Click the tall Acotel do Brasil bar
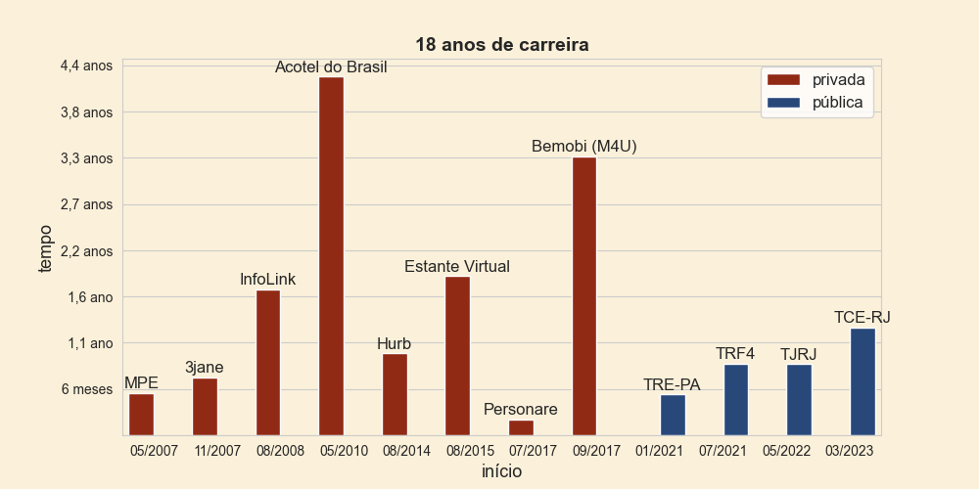click(331, 256)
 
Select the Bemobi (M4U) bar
click(584, 295)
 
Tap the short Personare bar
click(521, 427)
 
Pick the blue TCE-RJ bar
click(862, 381)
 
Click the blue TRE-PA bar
click(673, 415)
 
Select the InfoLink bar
click(268, 363)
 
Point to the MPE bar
click(141, 414)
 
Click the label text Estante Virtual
click(457, 267)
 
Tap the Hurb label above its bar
click(394, 344)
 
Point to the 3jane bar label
click(205, 368)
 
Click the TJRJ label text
click(798, 355)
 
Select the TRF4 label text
click(735, 354)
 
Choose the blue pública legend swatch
click(784, 103)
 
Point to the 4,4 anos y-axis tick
click(87, 66)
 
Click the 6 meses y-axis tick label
click(87, 389)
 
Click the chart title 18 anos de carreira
click(501, 45)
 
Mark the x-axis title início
click(501, 472)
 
